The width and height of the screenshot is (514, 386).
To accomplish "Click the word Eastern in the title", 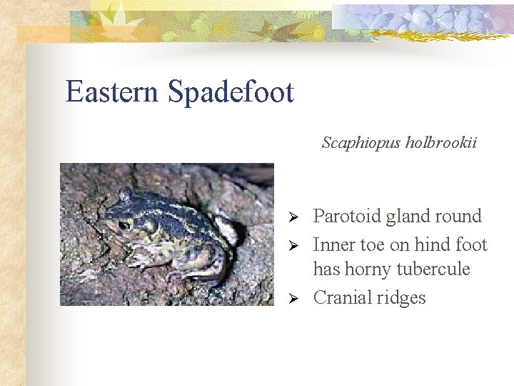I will (112, 92).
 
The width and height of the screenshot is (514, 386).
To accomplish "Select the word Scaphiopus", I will (361, 143).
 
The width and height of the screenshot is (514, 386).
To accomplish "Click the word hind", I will (435, 244).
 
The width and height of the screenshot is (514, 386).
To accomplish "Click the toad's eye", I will (125, 224).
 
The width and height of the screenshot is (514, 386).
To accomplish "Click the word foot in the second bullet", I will (470, 244).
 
